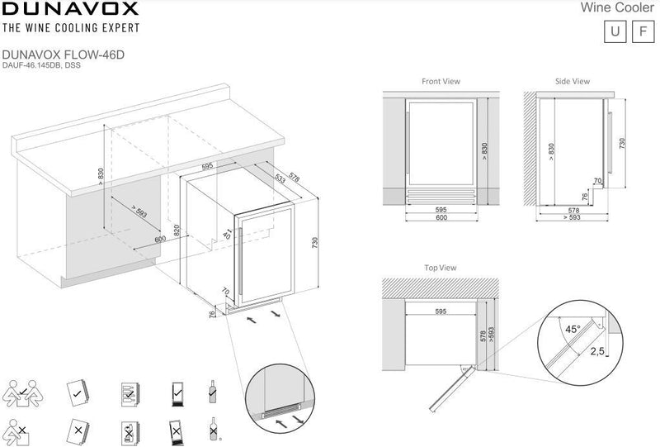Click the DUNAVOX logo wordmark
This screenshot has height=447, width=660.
(x=70, y=8)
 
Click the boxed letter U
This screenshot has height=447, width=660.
(x=615, y=31)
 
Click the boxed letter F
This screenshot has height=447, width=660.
(x=643, y=31)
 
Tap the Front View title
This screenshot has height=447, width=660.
(x=441, y=82)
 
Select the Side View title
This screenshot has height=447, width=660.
(x=572, y=82)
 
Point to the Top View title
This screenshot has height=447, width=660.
(x=441, y=268)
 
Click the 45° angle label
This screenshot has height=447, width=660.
(x=573, y=329)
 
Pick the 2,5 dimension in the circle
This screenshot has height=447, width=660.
(x=596, y=351)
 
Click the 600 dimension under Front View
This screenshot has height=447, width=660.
(x=441, y=217)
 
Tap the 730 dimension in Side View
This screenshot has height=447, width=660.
(x=622, y=143)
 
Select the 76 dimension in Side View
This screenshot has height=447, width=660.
(x=585, y=197)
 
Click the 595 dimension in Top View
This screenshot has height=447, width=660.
(x=441, y=311)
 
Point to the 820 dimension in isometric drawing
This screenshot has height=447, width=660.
(x=177, y=231)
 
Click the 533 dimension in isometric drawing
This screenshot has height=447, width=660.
(x=280, y=178)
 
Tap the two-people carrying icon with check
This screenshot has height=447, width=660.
(x=23, y=393)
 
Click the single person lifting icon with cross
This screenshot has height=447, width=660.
(x=17, y=432)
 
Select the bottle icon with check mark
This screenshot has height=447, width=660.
(x=213, y=392)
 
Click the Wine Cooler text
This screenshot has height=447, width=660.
(x=617, y=7)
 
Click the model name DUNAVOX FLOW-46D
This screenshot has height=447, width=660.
(x=64, y=55)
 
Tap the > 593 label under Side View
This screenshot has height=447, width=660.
(x=572, y=217)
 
